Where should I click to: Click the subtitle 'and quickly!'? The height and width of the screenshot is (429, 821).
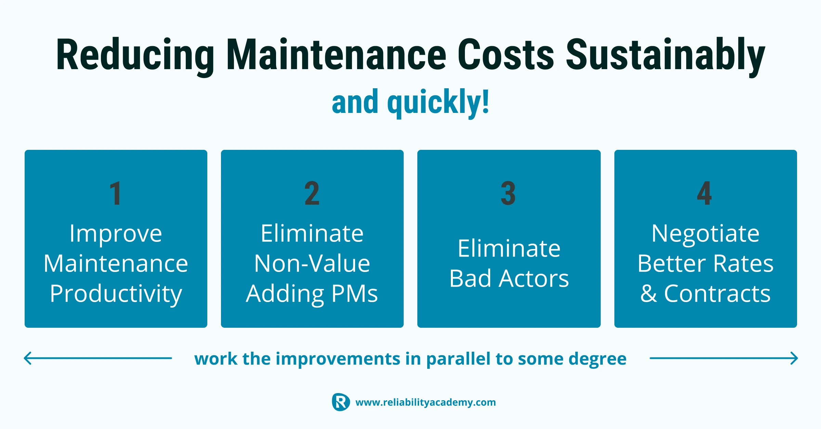pos(410,103)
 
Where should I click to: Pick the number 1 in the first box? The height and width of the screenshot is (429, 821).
pos(116,193)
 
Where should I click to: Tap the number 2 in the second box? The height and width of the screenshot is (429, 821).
pos(312,193)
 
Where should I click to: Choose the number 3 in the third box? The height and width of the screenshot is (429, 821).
pos(508,193)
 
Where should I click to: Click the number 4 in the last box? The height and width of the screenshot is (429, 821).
pos(705,193)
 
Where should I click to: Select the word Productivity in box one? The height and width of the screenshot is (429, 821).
pos(116,294)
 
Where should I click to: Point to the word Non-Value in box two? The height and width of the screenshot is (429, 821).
pos(312,263)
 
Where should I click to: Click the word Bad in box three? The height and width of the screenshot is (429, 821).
pos(471,278)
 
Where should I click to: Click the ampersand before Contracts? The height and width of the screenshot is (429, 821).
pos(649,294)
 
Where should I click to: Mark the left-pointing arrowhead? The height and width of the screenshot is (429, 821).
pos(28,358)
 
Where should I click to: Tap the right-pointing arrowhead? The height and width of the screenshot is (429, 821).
pos(794,358)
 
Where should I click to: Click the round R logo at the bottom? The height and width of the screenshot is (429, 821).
pos(341,402)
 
